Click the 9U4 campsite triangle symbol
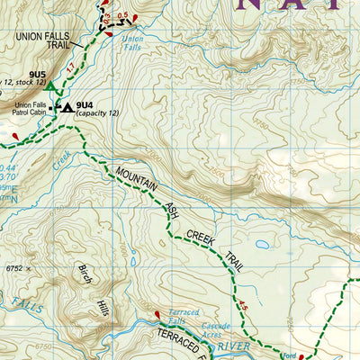[x=67, y=107]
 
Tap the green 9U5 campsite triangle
[x=51, y=87]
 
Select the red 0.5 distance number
[x=122, y=15]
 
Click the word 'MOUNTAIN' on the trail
[x=133, y=181]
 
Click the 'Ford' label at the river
[x=289, y=355]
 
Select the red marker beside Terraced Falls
[x=159, y=315]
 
